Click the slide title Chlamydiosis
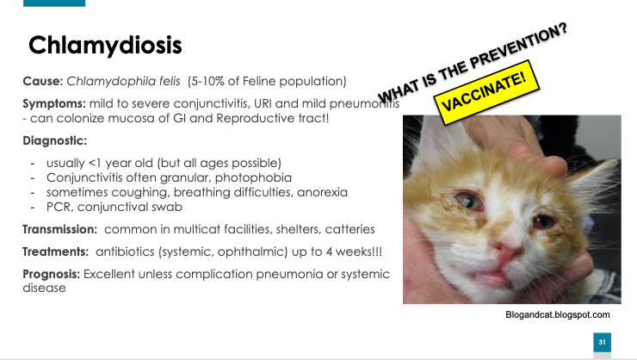(x=105, y=46)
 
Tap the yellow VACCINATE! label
(x=486, y=92)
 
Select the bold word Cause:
(x=43, y=81)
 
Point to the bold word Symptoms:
(x=54, y=103)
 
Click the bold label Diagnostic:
(x=55, y=140)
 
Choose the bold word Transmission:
(x=59, y=229)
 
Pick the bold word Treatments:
(x=55, y=251)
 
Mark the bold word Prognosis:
(x=51, y=274)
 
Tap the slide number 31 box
(x=602, y=342)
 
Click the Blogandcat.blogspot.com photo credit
(x=558, y=315)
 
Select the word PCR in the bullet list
(x=58, y=207)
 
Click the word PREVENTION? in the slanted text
(x=518, y=47)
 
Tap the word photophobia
(x=253, y=177)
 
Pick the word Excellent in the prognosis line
(x=108, y=274)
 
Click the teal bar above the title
(x=54, y=3)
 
